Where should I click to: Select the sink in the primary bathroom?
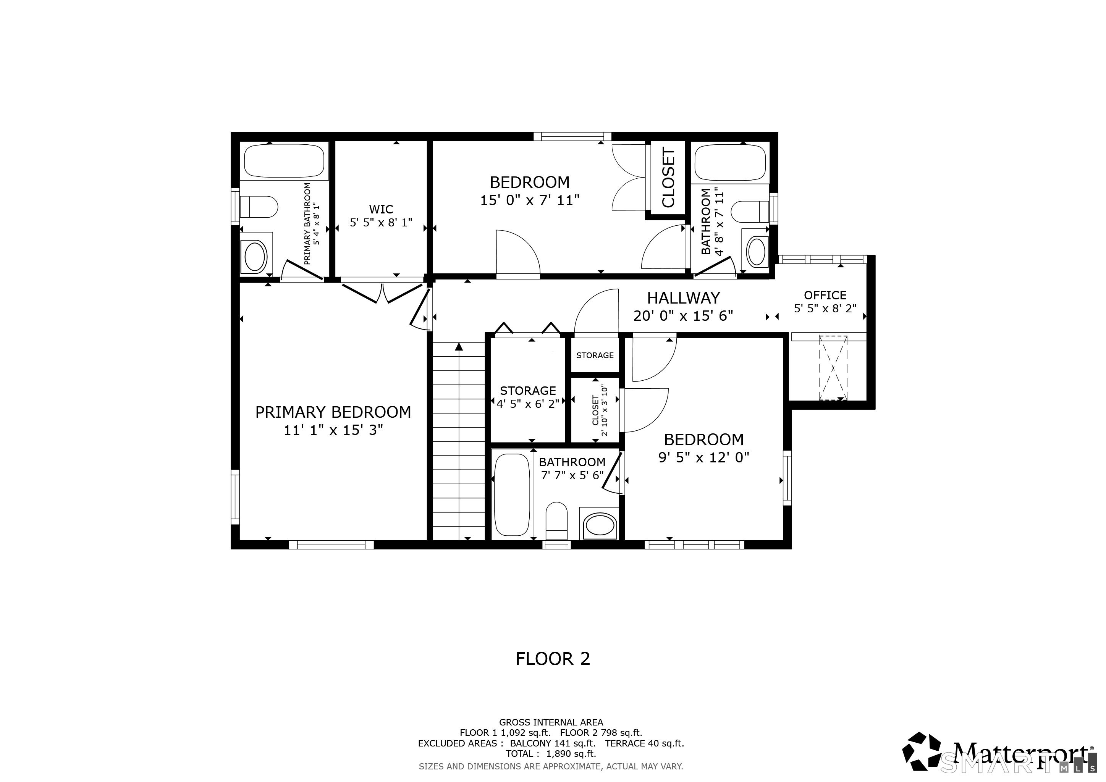(x=255, y=257)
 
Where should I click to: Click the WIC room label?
(x=381, y=210)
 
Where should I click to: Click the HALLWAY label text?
(x=683, y=298)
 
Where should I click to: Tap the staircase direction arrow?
(x=459, y=346)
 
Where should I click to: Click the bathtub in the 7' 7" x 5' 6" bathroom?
(x=512, y=494)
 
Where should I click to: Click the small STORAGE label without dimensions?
(x=595, y=355)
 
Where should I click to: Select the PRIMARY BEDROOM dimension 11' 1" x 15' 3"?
(x=333, y=430)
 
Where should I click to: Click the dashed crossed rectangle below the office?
(x=833, y=368)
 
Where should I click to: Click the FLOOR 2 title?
(x=553, y=659)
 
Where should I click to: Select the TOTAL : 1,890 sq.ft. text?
(x=551, y=754)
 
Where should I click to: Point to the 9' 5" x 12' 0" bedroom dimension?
(x=704, y=457)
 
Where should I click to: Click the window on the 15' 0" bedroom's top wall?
(x=572, y=137)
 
